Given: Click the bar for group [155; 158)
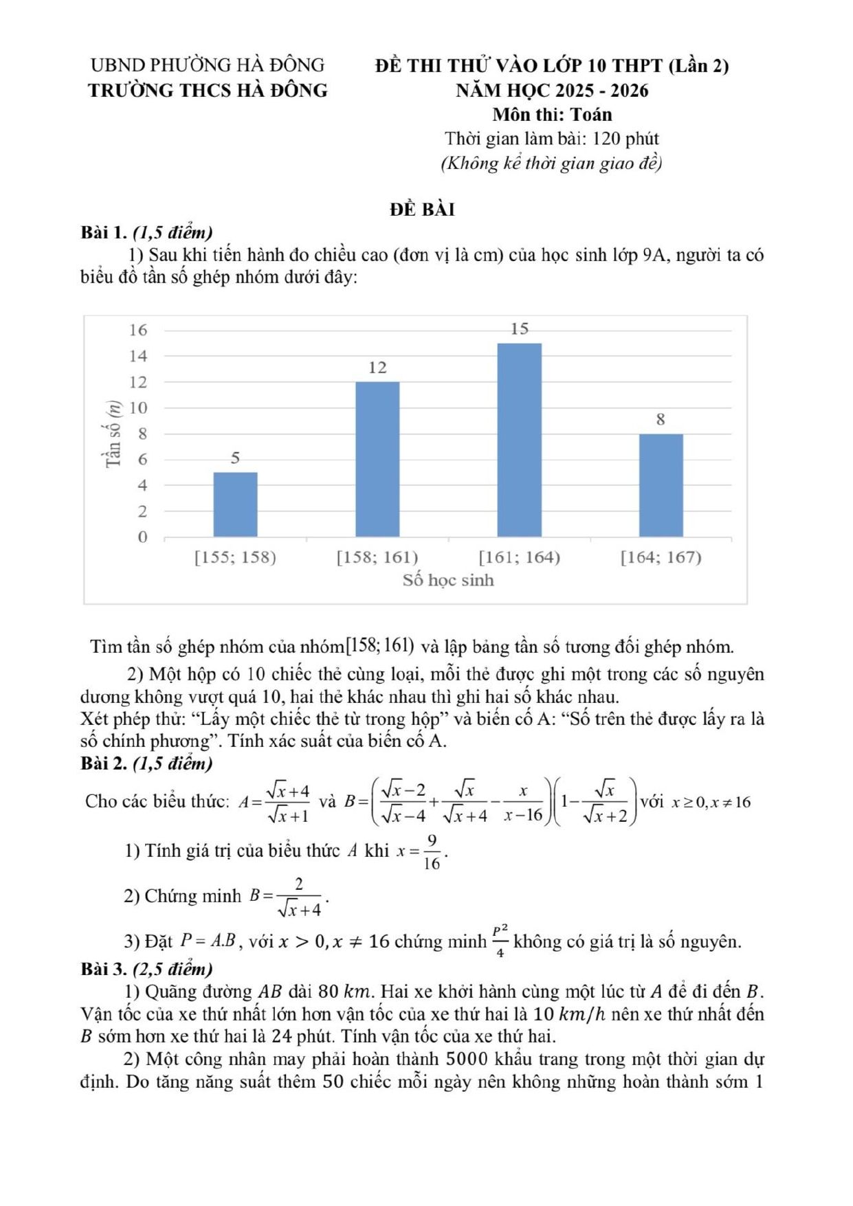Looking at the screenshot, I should [x=235, y=504].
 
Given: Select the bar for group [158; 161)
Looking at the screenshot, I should [x=377, y=459].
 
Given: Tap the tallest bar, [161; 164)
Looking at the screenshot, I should [x=519, y=440].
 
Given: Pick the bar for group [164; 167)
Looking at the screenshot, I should [x=661, y=485].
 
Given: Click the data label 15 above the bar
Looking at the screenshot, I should [x=520, y=329].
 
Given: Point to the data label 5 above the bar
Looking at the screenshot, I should [x=235, y=458].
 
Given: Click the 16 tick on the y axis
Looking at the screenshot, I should [x=138, y=330].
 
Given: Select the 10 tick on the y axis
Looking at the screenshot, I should [x=138, y=407].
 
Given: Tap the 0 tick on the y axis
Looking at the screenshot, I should [x=142, y=537].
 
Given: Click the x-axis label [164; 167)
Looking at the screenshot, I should [x=661, y=557].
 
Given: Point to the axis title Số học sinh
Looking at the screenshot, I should [x=448, y=580].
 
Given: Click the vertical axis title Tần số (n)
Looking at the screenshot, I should [x=113, y=434].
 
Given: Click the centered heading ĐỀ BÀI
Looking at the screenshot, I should [x=422, y=210].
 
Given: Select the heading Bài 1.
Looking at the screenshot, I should [x=104, y=232].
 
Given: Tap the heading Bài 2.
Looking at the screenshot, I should [x=104, y=763].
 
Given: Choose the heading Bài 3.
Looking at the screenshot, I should [x=104, y=969].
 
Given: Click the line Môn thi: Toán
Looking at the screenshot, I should [x=552, y=114].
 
